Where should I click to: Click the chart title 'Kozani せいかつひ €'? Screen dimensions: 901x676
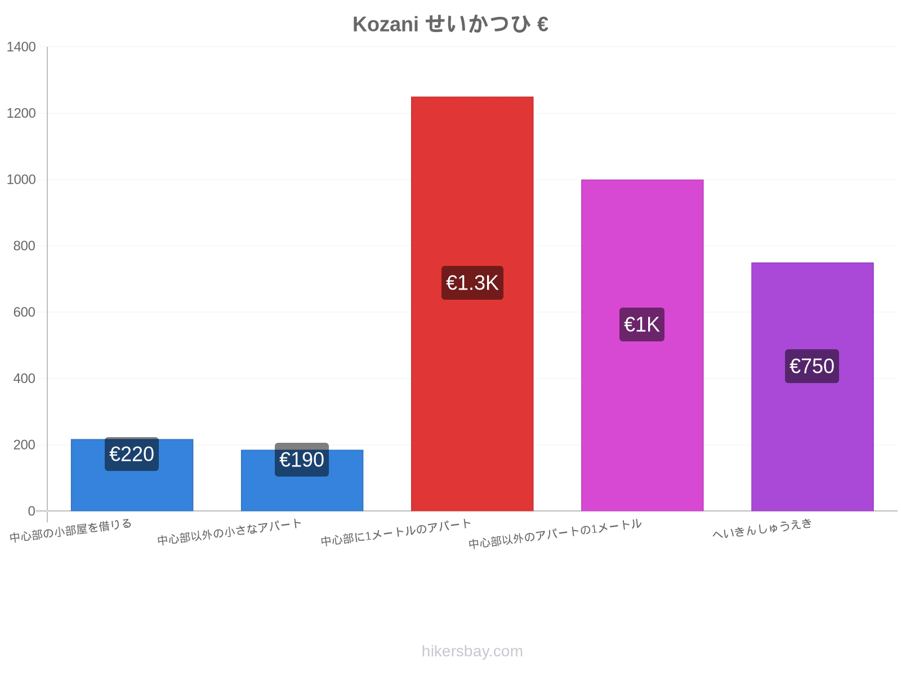pyautogui.click(x=450, y=24)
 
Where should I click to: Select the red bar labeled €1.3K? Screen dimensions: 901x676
pyautogui.click(x=472, y=304)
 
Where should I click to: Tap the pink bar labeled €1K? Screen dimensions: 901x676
pyautogui.click(x=642, y=345)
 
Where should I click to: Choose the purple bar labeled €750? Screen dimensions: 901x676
pyautogui.click(x=813, y=386)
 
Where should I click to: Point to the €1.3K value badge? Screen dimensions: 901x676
pyautogui.click(x=472, y=283)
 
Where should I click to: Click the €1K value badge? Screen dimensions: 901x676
pyautogui.click(x=641, y=324)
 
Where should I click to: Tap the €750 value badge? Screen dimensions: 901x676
pyautogui.click(x=812, y=366)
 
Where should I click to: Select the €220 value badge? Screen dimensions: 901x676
pyautogui.click(x=132, y=454)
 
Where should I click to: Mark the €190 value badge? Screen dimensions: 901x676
pyautogui.click(x=302, y=460)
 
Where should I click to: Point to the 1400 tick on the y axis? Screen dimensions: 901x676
pyautogui.click(x=21, y=47)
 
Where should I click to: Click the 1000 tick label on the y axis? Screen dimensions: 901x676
pyautogui.click(x=21, y=179)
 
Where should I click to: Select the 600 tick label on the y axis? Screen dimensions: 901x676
pyautogui.click(x=24, y=312)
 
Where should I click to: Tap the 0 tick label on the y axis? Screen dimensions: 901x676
pyautogui.click(x=32, y=511)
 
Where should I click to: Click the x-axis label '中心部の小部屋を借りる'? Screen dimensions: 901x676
pyautogui.click(x=70, y=531)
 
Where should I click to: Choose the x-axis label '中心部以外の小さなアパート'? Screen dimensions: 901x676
pyautogui.click(x=229, y=532)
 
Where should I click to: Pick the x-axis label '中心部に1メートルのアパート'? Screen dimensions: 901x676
pyautogui.click(x=396, y=532)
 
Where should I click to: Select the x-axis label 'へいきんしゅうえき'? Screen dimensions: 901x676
pyautogui.click(x=762, y=528)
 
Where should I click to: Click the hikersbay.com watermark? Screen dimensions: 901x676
pyautogui.click(x=472, y=651)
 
